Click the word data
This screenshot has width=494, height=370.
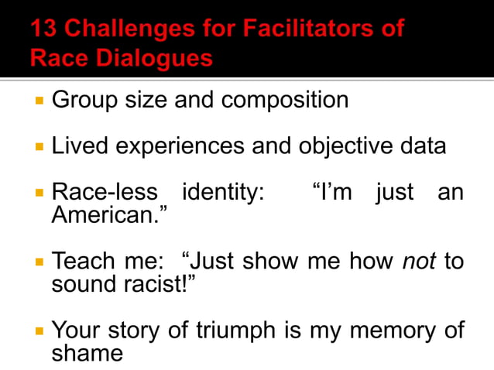(420, 146)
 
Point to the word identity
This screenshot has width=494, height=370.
(221, 192)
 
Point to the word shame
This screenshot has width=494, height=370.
(87, 353)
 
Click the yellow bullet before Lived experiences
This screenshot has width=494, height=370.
(38, 146)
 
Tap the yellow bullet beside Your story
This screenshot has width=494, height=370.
(38, 331)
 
